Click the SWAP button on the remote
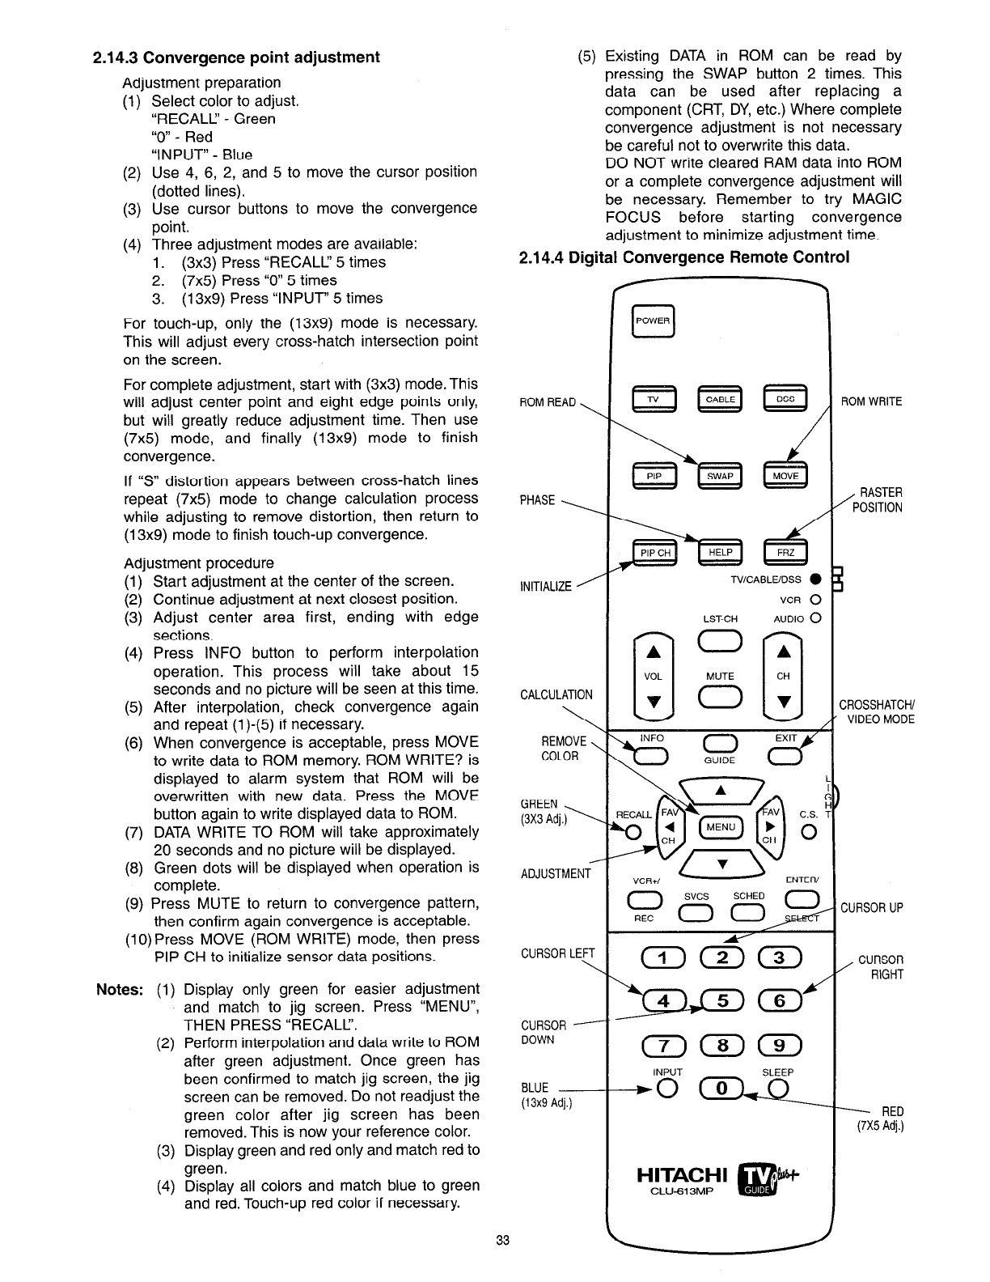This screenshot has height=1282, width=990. pyautogui.click(x=719, y=476)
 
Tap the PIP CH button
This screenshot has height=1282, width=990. pyautogui.click(x=655, y=553)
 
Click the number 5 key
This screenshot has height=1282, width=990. pyautogui.click(x=725, y=1002)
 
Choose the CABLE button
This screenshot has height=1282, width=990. pyautogui.click(x=719, y=400)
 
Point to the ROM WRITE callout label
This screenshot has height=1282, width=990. pyautogui.click(x=872, y=401)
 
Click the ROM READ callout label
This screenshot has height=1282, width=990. pyautogui.click(x=548, y=402)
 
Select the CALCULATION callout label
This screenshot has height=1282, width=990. pyautogui.click(x=556, y=694)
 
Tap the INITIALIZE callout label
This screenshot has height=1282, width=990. pyautogui.click(x=546, y=586)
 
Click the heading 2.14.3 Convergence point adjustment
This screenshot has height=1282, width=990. pyautogui.click(x=236, y=57)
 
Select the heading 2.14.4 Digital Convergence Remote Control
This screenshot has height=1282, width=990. pyautogui.click(x=683, y=257)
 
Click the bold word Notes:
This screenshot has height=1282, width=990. pyautogui.click(x=121, y=989)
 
